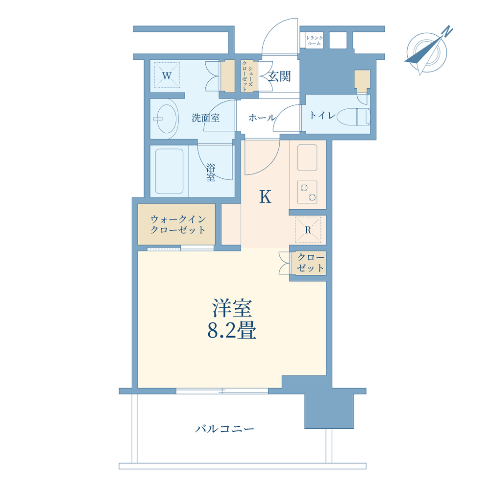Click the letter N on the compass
click(x=448, y=31)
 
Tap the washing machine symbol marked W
click(x=167, y=75)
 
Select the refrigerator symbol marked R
click(x=308, y=230)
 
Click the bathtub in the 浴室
click(x=169, y=171)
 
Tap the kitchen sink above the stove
click(x=307, y=157)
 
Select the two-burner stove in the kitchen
click(x=307, y=192)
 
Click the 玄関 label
click(x=279, y=76)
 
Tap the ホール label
click(x=262, y=118)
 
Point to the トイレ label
click(x=322, y=115)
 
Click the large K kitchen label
click(x=265, y=197)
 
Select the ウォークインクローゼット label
click(x=178, y=224)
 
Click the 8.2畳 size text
click(x=232, y=331)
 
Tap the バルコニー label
click(x=224, y=428)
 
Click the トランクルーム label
click(x=314, y=40)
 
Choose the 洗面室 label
click(x=206, y=118)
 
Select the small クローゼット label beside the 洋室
click(x=310, y=263)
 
